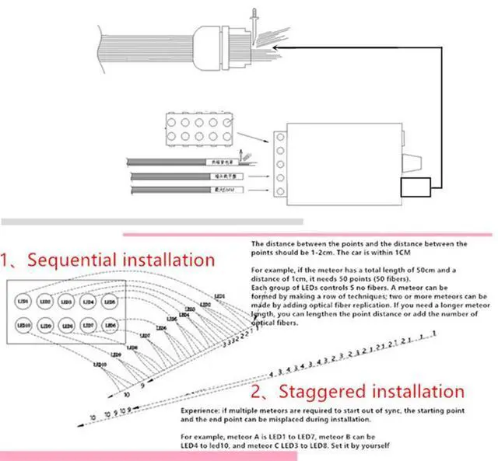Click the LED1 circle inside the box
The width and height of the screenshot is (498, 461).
(x=23, y=300)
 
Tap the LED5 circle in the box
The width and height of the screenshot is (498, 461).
(x=109, y=300)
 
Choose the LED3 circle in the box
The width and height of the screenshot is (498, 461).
(x=66, y=300)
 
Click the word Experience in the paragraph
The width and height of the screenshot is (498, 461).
(x=202, y=407)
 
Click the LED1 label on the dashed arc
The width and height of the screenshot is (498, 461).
(x=220, y=296)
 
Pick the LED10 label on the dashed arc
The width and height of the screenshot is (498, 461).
(x=99, y=365)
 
